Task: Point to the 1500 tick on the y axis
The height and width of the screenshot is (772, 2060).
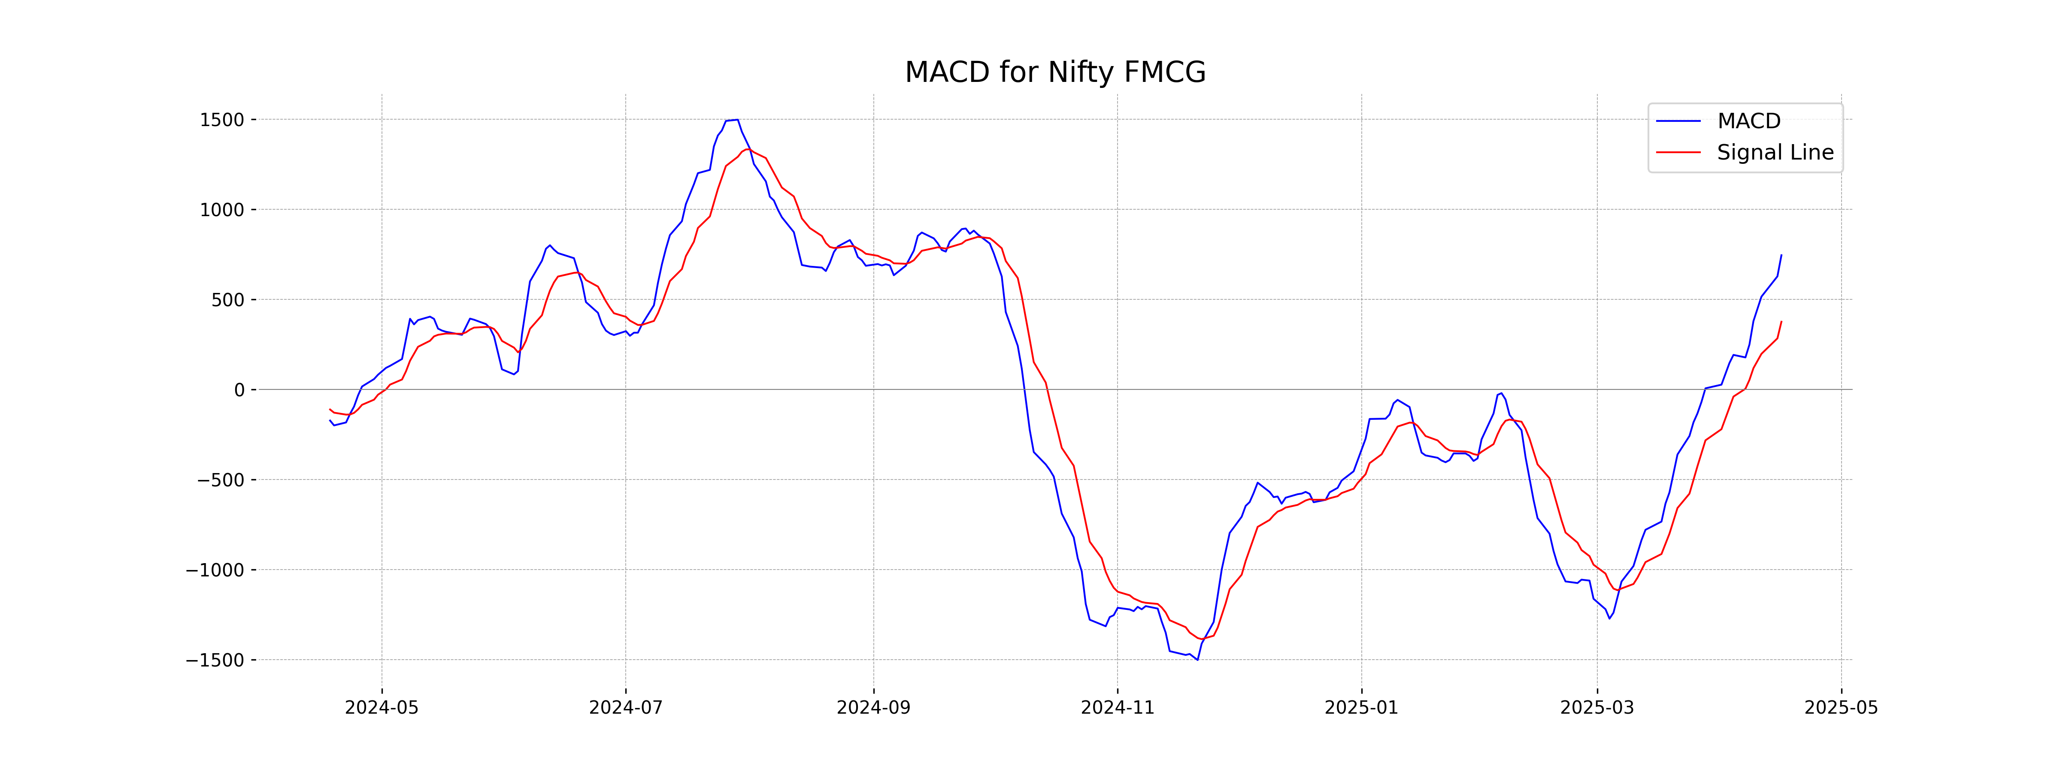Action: [221, 120]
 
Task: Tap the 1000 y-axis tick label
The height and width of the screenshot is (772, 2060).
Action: [221, 210]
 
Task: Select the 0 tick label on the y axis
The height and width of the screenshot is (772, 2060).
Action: [239, 390]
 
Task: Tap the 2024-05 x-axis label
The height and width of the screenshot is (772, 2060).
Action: [382, 708]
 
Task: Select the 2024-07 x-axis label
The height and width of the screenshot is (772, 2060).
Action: [625, 708]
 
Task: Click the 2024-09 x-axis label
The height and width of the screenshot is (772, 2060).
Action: [873, 708]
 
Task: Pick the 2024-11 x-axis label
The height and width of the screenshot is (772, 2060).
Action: [1117, 708]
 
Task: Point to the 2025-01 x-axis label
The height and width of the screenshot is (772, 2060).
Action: [1361, 708]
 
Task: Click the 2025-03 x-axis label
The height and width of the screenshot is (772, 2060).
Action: [1597, 708]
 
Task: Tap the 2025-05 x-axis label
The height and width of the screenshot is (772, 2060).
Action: [1841, 708]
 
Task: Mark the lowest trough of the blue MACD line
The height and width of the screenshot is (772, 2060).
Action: [1197, 659]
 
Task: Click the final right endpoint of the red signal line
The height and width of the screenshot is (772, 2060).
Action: [1781, 321]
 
